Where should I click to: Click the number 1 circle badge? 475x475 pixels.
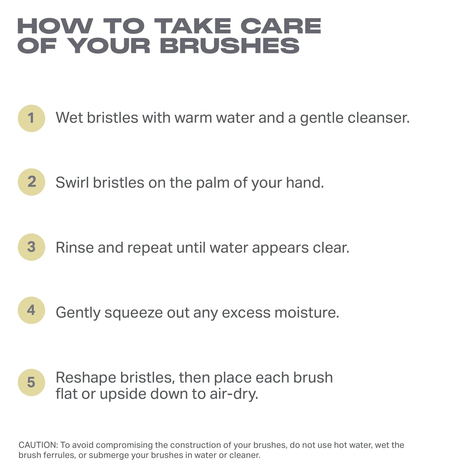click(x=31, y=118)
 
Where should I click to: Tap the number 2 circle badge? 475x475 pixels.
click(x=31, y=182)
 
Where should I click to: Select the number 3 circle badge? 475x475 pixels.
click(x=31, y=247)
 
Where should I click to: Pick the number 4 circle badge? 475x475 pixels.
click(x=31, y=310)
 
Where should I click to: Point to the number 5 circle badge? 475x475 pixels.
click(x=31, y=382)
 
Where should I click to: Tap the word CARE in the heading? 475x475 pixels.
click(x=281, y=26)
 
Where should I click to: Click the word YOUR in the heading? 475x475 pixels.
click(x=110, y=46)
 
